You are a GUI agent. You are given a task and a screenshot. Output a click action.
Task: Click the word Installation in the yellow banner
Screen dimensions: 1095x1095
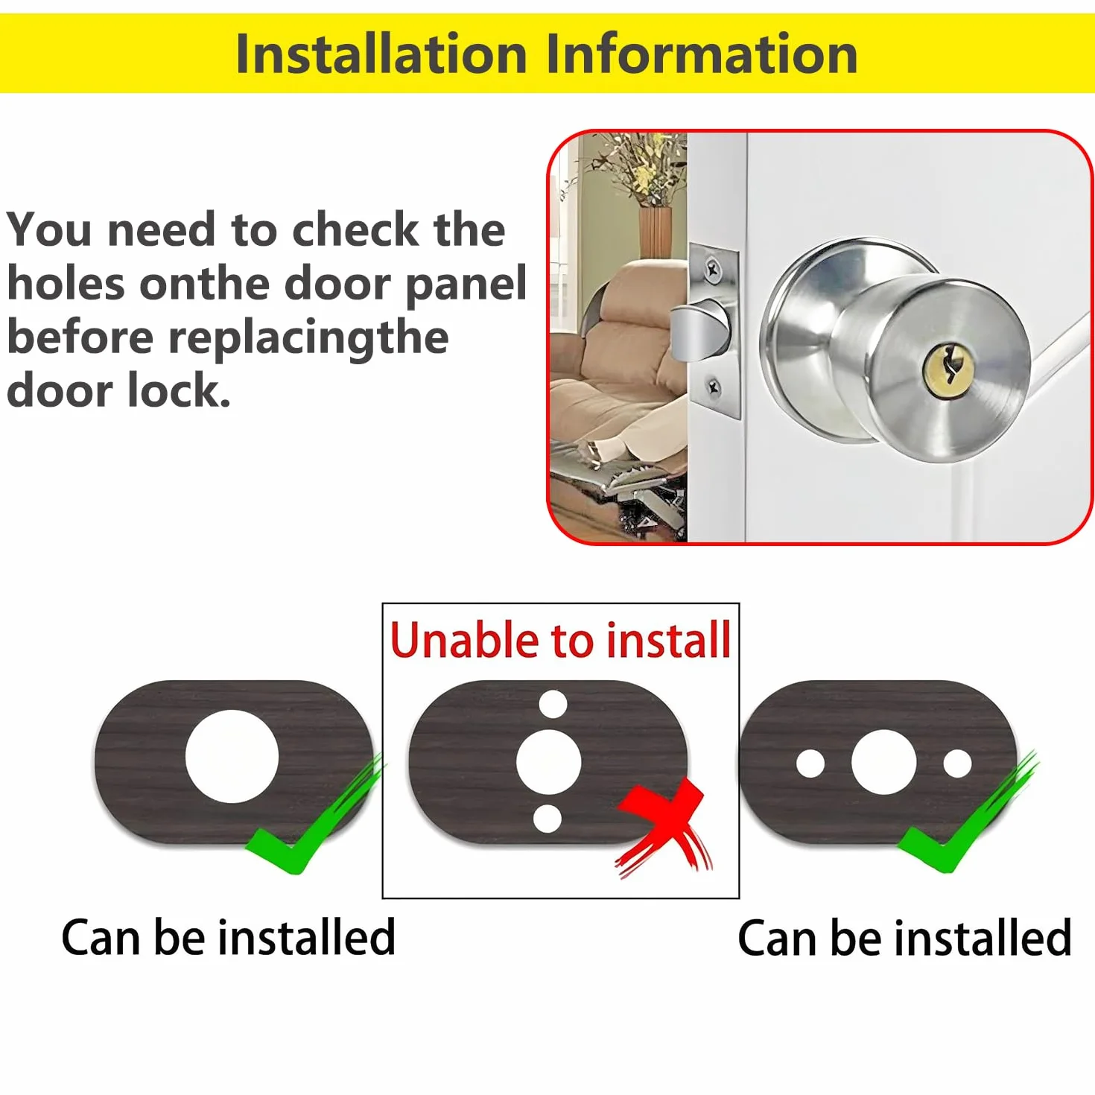click(x=381, y=54)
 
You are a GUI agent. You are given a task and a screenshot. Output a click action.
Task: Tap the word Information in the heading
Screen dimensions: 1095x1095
click(x=702, y=54)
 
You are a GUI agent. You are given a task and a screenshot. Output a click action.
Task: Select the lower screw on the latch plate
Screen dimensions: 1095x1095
click(x=714, y=387)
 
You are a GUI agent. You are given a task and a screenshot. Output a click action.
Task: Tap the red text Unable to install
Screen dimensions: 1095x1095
click(x=560, y=641)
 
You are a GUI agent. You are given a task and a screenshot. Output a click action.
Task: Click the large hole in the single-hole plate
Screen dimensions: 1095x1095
click(x=232, y=757)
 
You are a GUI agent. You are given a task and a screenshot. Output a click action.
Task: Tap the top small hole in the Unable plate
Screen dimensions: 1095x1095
click(x=553, y=705)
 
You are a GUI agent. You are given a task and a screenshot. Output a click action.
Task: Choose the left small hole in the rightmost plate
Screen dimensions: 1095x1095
click(x=810, y=764)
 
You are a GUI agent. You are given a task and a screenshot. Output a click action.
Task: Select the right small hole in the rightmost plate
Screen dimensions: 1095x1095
click(x=957, y=764)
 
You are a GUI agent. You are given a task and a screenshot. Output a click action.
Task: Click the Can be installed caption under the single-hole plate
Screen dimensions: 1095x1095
click(x=229, y=938)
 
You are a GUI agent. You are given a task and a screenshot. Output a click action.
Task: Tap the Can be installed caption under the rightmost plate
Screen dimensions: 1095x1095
click(x=904, y=938)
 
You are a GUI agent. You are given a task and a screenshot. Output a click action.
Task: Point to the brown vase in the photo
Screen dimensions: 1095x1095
click(x=656, y=232)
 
